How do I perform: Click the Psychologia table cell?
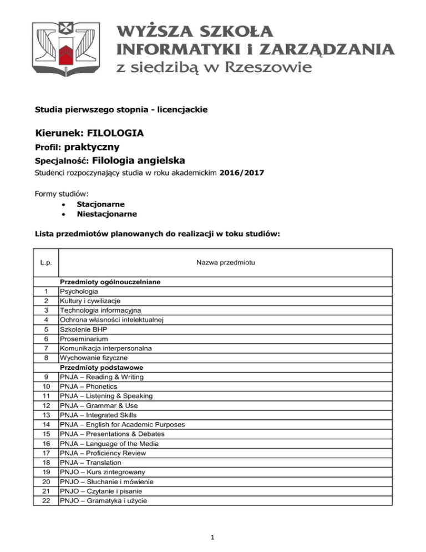pos(79,291)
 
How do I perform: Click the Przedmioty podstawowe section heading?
pos(98,367)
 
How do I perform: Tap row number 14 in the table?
pos(45,424)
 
